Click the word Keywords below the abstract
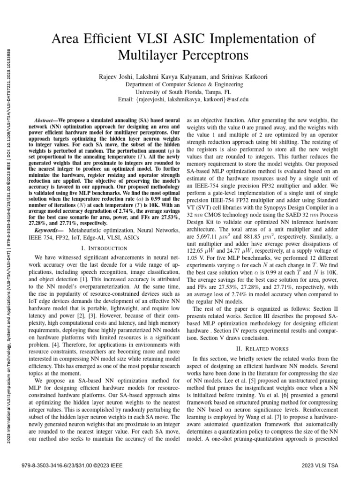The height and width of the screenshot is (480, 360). coord(49,231)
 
